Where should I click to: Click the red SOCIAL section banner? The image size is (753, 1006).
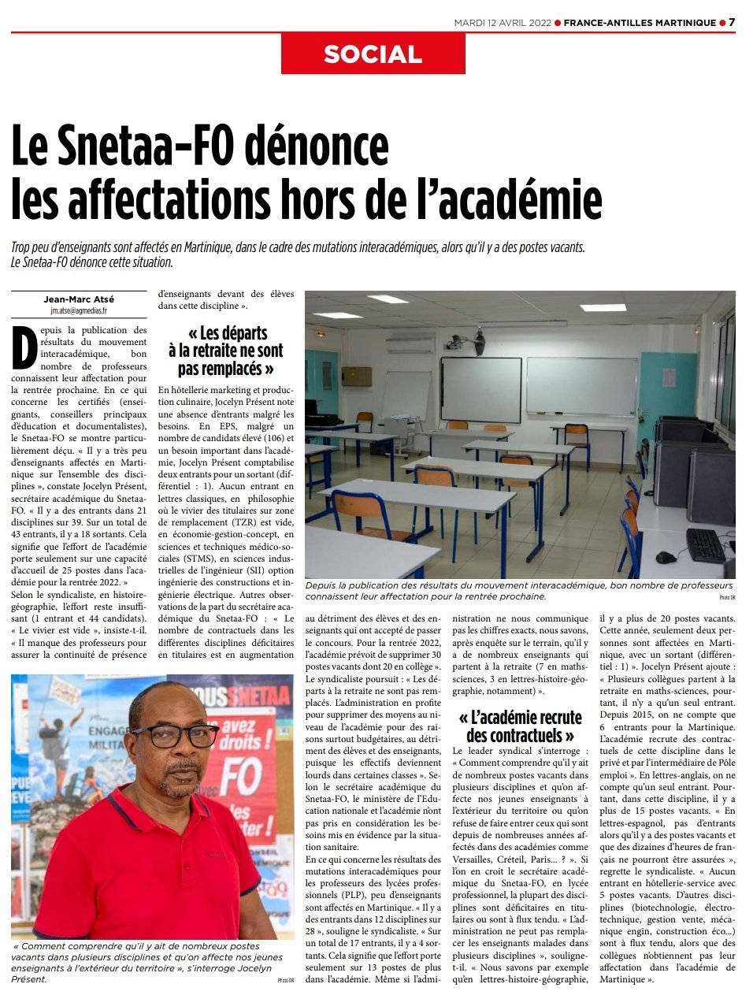click(373, 54)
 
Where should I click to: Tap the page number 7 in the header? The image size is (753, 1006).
click(732, 22)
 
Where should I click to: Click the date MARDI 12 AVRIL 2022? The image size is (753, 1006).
click(502, 23)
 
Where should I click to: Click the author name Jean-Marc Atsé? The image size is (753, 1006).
click(79, 299)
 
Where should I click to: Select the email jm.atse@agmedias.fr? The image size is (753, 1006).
click(79, 310)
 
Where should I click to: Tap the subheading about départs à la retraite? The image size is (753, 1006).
click(225, 351)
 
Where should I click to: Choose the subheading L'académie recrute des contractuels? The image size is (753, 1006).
click(520, 726)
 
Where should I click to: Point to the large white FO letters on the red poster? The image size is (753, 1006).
click(239, 775)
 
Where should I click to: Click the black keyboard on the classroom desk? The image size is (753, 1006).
click(705, 544)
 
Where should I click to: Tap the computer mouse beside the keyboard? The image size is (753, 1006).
click(666, 557)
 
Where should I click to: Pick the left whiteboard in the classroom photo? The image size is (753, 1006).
click(480, 389)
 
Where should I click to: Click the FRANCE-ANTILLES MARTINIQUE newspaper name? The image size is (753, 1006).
click(640, 23)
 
